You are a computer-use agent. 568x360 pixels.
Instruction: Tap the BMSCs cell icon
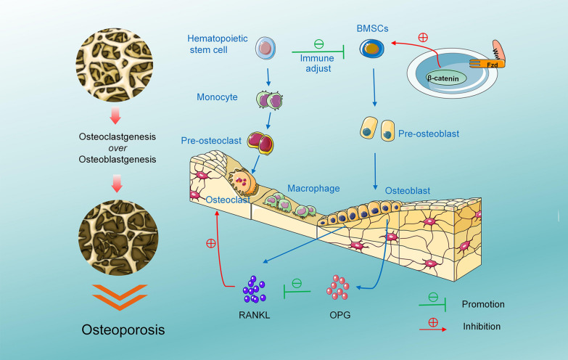point(374,49)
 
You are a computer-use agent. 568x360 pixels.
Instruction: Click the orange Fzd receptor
point(492,63)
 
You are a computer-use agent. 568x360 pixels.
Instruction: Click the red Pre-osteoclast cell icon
point(259,143)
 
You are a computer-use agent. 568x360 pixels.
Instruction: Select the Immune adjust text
point(317,63)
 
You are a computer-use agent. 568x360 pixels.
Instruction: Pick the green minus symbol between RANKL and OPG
point(296,282)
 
